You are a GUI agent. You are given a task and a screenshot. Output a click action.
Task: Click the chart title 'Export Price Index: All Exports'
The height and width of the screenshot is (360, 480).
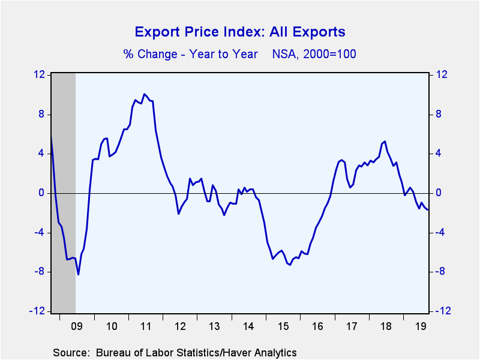click(x=240, y=32)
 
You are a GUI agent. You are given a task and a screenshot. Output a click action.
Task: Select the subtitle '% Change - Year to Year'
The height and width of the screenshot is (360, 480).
click(x=190, y=54)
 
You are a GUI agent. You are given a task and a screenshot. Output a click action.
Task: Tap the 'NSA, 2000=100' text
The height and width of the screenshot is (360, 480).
click(x=314, y=54)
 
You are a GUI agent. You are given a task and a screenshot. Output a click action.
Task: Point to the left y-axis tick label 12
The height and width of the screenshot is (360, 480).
click(x=39, y=74)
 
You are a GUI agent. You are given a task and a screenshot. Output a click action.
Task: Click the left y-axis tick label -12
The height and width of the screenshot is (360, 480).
click(x=37, y=311)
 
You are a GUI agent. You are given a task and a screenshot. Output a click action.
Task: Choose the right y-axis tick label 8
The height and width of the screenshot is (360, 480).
click(x=439, y=114)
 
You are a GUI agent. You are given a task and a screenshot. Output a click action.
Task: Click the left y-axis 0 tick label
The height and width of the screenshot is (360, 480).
click(x=41, y=193)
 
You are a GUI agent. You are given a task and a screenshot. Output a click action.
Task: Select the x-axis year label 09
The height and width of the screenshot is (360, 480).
click(x=77, y=326)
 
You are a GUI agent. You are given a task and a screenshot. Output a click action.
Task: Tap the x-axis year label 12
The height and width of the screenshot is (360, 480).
click(x=180, y=326)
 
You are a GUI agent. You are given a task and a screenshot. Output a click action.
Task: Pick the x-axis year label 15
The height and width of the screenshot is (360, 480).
click(x=283, y=326)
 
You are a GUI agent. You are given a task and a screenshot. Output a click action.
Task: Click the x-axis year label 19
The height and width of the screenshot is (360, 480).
click(x=421, y=326)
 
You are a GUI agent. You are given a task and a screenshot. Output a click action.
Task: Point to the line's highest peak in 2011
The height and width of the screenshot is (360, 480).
click(x=144, y=94)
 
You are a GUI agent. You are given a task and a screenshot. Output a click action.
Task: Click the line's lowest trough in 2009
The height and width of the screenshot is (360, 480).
click(x=79, y=275)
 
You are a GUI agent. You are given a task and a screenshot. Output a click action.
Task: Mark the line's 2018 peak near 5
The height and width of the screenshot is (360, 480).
click(x=385, y=141)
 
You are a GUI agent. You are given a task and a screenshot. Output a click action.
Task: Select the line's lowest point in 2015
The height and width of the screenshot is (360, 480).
click(x=290, y=265)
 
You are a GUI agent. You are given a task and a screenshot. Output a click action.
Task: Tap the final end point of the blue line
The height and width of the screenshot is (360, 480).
click(x=428, y=209)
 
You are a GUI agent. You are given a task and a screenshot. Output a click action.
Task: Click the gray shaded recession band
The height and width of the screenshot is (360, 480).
click(x=64, y=193)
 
